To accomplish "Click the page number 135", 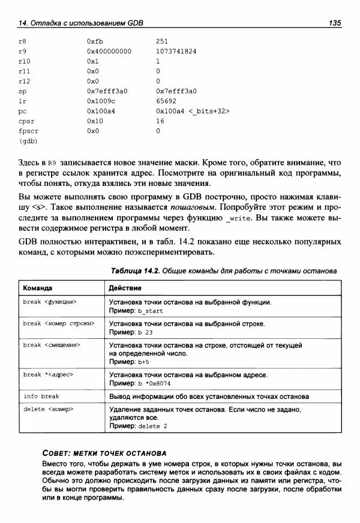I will [335, 23].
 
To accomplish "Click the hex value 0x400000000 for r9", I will [109, 51].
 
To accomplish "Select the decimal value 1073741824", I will [176, 51].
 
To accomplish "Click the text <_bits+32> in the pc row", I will [209, 111].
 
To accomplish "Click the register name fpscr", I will [28, 130].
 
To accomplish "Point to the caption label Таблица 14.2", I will [134, 271].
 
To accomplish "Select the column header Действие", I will [125, 288].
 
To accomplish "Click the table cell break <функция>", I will [50, 302].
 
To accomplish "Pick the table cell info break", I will [41, 396].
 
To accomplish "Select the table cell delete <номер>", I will [48, 409].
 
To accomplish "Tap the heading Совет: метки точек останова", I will [104, 453].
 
